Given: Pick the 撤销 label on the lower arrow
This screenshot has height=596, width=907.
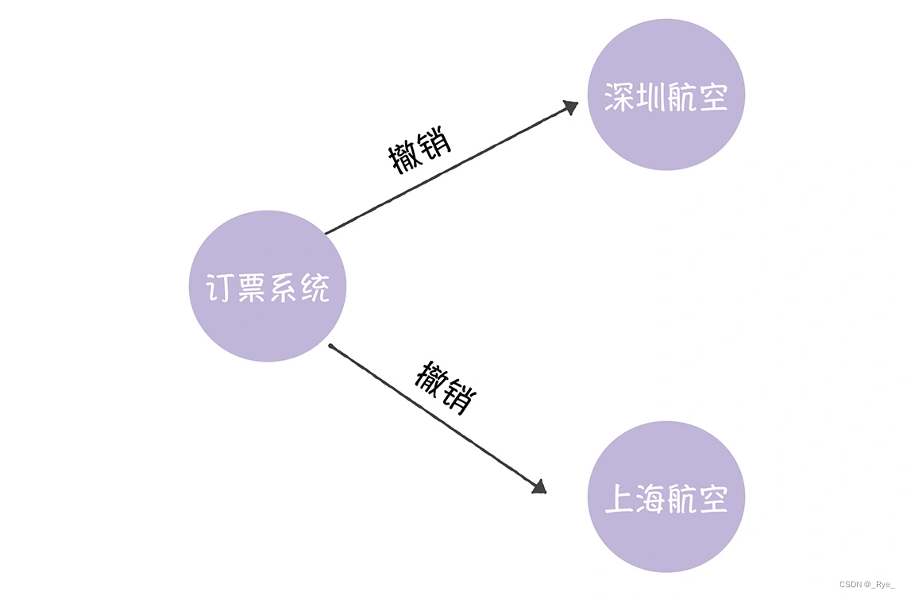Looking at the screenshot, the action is (445, 387).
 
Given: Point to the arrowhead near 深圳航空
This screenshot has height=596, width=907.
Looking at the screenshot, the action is (569, 107).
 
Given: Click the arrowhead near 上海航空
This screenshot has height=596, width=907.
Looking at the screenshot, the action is (538, 486).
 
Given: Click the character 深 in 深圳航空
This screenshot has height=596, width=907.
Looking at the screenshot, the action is (619, 96).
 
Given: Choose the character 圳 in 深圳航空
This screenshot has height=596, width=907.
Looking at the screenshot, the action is (650, 96).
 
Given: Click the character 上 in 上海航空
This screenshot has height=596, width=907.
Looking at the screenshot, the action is (619, 498).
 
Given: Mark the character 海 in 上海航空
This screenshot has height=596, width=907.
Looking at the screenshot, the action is (650, 498).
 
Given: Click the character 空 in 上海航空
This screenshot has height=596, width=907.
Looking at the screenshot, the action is (713, 498).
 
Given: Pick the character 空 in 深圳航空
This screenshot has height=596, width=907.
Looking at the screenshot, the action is (713, 96).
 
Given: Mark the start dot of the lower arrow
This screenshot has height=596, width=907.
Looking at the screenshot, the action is (330, 346).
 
